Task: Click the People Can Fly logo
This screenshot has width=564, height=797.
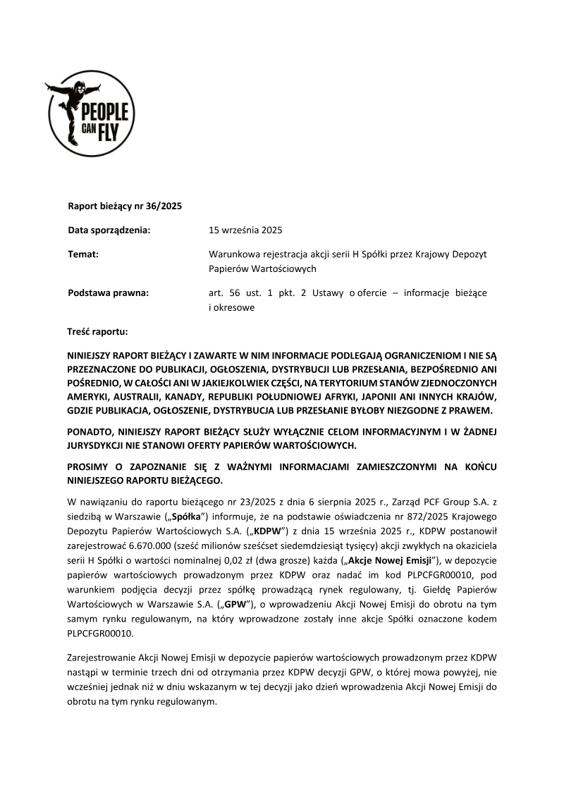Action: (90, 114)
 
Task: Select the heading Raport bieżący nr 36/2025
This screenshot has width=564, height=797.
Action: (125, 206)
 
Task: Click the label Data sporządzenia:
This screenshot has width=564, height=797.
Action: (109, 230)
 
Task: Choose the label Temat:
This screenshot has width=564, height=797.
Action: (83, 254)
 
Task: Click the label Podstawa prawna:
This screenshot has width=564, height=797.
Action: (109, 292)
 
